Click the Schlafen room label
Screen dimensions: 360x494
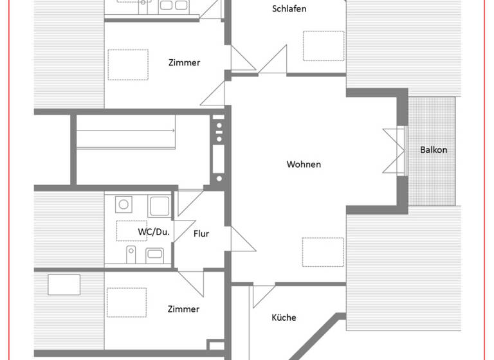point(289,9)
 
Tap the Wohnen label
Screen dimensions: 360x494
point(304,165)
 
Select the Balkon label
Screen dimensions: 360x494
point(434,150)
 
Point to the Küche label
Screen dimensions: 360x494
point(284,318)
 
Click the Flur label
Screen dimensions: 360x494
point(201,234)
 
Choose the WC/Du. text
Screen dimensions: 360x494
point(154,232)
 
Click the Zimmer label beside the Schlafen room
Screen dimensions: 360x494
point(184,62)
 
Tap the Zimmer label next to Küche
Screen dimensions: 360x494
point(183,309)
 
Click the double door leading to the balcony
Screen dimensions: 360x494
point(393,150)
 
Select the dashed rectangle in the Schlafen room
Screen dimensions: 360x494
point(323,46)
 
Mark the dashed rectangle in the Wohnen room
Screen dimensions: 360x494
point(323,251)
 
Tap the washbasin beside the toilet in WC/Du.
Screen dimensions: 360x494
point(154,253)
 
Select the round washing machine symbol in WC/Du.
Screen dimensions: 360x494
point(122,205)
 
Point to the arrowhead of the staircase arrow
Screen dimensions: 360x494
point(174,131)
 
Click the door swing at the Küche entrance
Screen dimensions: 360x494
point(263,296)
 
